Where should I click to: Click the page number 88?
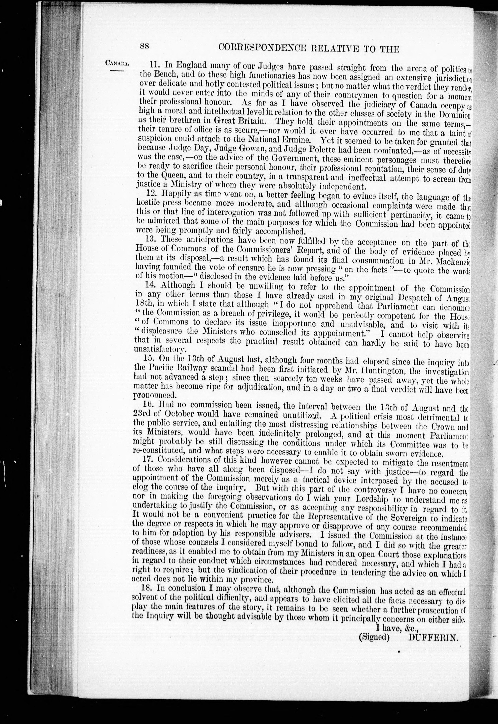point(145,47)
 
